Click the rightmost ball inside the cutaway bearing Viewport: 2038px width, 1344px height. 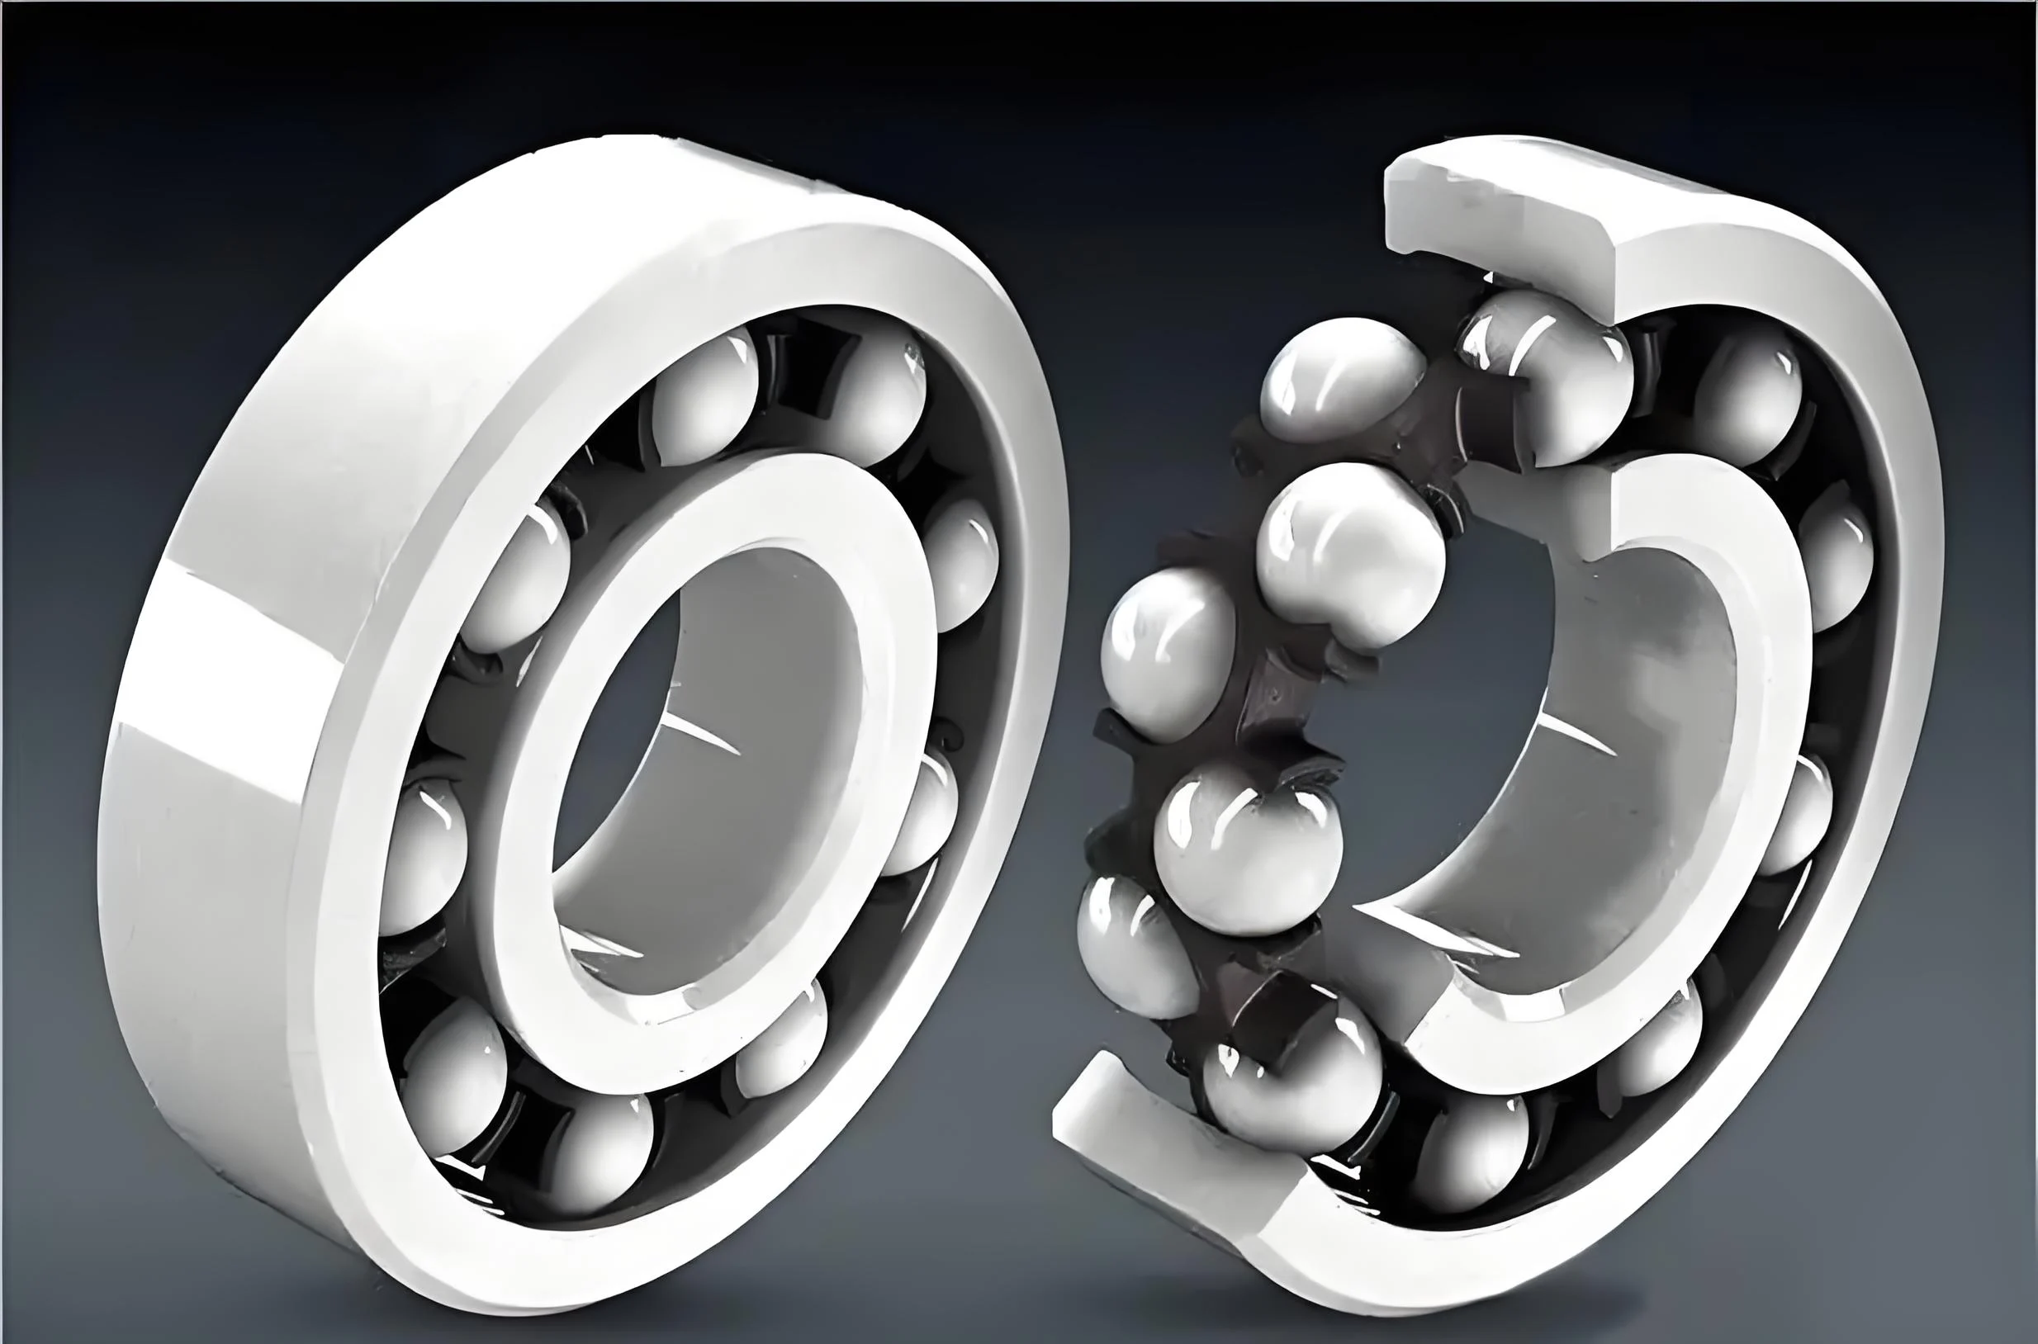pyautogui.click(x=1835, y=566)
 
